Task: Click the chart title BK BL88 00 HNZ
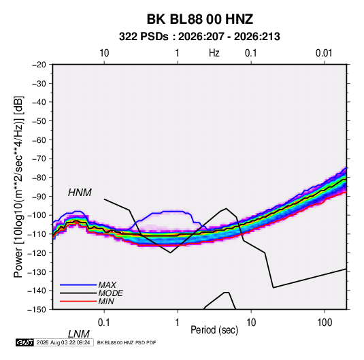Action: [199, 19]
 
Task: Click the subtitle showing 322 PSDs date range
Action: [199, 37]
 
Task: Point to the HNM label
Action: [80, 193]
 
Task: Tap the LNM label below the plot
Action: [79, 334]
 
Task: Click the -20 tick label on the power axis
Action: [39, 65]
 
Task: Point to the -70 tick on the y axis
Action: [39, 159]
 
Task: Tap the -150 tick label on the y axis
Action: [37, 310]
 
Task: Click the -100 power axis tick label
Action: [37, 215]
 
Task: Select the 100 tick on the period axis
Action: [325, 323]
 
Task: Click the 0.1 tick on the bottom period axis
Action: [104, 323]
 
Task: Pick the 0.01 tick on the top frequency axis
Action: [324, 53]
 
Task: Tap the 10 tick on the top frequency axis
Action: [104, 53]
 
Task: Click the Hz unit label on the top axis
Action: [214, 53]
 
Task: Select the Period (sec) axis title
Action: [214, 330]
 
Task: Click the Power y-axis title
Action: [18, 186]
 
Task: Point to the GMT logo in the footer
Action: [25, 342]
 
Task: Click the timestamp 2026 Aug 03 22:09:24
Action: [63, 342]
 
